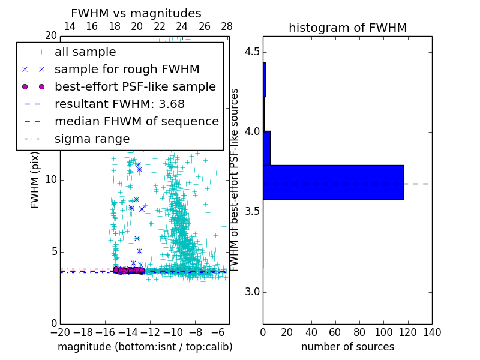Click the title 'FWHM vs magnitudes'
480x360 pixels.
click(136, 13)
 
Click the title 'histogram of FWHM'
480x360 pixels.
click(347, 28)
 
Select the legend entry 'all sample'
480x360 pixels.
click(85, 52)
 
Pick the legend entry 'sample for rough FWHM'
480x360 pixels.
click(127, 69)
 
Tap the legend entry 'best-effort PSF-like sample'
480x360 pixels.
click(135, 86)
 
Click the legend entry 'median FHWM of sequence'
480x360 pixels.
click(136, 121)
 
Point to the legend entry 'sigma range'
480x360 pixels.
click(92, 139)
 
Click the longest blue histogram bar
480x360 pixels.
click(333, 182)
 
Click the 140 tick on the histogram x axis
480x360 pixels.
click(432, 332)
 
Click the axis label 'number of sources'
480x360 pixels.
click(347, 347)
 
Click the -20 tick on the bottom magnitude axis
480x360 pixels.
click(60, 332)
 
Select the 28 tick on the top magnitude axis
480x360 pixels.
click(227, 26)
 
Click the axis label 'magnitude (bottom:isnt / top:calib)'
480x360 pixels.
click(145, 347)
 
